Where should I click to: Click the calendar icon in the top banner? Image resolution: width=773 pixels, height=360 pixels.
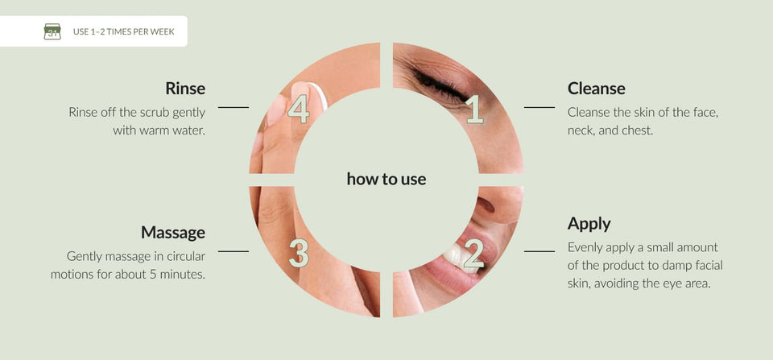[x=52, y=31]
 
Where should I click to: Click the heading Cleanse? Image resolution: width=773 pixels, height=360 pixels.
[x=596, y=89]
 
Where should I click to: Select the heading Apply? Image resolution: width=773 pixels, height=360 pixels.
[x=589, y=224]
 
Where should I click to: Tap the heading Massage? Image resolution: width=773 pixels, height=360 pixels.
[x=173, y=232]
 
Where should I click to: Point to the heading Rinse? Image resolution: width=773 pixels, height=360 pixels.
[x=185, y=89]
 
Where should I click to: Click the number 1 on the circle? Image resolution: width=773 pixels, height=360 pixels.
[x=474, y=109]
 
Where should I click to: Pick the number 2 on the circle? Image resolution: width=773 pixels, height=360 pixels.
[x=473, y=253]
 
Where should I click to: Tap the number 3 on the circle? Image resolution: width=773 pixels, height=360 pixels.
[x=299, y=253]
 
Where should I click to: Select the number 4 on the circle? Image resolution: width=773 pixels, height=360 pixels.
[x=298, y=109]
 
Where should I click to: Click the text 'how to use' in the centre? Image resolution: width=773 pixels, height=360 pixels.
[x=386, y=179]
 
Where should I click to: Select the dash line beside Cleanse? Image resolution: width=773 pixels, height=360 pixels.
[x=539, y=107]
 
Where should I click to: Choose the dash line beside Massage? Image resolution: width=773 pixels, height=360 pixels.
[x=234, y=251]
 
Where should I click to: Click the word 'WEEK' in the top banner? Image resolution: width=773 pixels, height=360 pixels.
[x=163, y=32]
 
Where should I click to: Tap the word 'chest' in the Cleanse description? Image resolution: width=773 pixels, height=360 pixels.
[x=639, y=131]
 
